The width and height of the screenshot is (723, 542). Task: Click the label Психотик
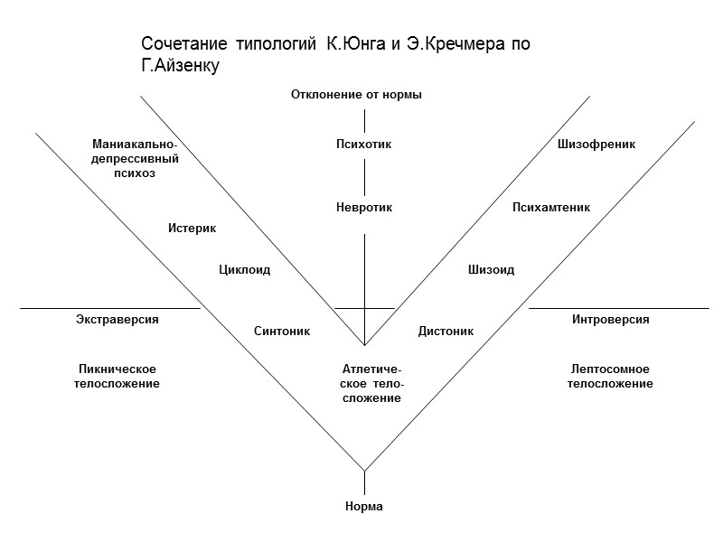click(x=363, y=144)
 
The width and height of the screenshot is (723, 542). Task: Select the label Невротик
click(x=364, y=208)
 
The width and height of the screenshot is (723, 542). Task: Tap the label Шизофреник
click(x=596, y=144)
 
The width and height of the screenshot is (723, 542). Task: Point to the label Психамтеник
click(x=551, y=208)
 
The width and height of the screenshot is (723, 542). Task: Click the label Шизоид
click(x=491, y=269)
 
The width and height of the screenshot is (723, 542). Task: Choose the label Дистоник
click(x=446, y=332)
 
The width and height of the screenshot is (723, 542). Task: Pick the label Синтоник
click(x=282, y=332)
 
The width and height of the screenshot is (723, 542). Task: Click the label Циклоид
click(x=245, y=269)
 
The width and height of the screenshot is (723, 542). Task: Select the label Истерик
click(x=192, y=228)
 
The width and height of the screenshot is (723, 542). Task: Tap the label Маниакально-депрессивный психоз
click(x=136, y=158)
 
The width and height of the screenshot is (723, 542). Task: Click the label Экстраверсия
click(x=117, y=320)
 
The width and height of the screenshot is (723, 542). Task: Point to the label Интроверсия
click(x=611, y=320)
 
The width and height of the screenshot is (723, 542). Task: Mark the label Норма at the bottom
click(x=364, y=507)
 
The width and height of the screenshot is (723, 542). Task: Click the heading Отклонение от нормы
click(x=357, y=95)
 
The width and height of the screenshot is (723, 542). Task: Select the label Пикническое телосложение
click(x=117, y=377)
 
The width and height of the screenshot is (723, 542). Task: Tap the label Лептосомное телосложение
click(x=610, y=377)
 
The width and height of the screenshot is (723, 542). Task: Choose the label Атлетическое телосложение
click(x=371, y=384)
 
